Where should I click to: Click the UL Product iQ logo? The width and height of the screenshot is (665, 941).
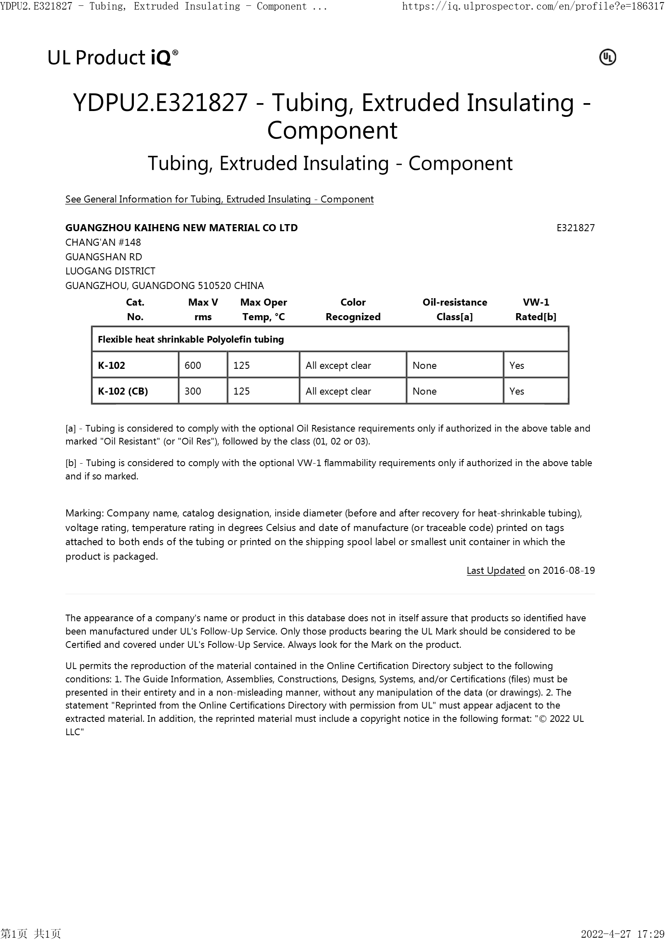coord(113,57)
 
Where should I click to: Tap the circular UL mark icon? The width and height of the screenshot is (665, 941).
coord(607,57)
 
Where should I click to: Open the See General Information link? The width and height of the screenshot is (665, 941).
coord(219,199)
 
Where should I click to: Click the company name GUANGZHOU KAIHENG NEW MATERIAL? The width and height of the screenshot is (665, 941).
coord(181,228)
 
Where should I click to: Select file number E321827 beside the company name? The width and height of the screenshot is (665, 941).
coord(575,228)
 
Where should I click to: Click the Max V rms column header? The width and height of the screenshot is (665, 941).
coord(203,309)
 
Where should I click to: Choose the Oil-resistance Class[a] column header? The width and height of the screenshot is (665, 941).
coord(455,309)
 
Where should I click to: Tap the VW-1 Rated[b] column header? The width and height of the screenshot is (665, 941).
coord(536,309)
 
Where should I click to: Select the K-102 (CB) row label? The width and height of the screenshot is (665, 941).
coord(123,391)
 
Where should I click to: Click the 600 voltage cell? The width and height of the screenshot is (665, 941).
coord(193,366)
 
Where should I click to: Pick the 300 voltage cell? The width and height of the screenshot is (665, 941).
coord(193,391)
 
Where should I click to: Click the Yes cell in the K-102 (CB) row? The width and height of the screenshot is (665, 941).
coord(517,391)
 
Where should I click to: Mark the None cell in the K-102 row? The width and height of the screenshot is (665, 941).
coord(424,366)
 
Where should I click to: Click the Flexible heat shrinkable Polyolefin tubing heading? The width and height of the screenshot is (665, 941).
coord(191,339)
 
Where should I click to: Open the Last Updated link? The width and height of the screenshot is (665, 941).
coord(495,571)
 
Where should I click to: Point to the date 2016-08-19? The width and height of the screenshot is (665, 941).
coord(569,571)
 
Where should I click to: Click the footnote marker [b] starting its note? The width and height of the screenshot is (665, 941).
coord(71,463)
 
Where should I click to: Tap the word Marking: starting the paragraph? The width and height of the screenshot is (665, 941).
coord(84,513)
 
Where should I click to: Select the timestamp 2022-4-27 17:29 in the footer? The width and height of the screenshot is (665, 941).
coord(622,934)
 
